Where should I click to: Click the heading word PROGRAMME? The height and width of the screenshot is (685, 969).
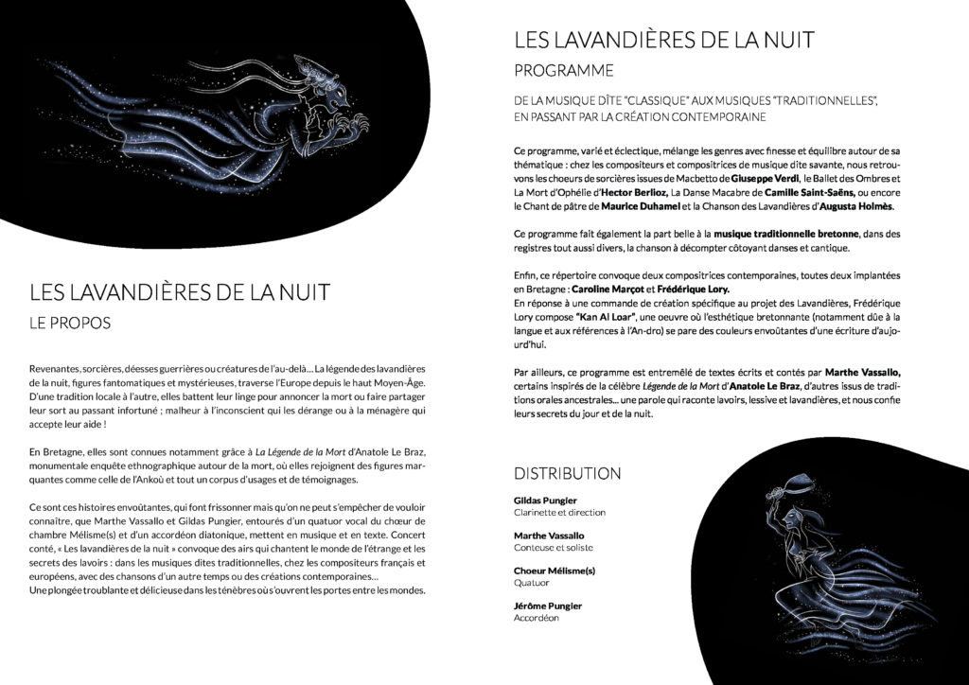tap(563, 71)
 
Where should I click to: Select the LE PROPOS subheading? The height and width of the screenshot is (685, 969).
tap(70, 324)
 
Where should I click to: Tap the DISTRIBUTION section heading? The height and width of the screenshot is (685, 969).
tap(568, 473)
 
